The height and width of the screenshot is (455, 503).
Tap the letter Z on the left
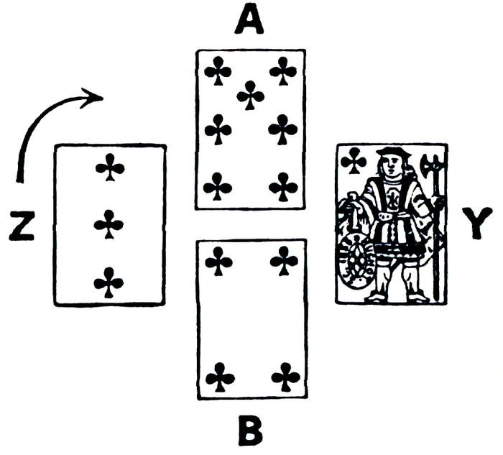(x=24, y=227)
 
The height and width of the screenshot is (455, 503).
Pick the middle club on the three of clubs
(x=109, y=224)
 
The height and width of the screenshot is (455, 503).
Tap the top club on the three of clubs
(x=110, y=170)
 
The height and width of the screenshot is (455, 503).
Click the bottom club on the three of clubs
(x=109, y=282)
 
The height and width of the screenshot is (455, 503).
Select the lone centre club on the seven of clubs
(x=251, y=95)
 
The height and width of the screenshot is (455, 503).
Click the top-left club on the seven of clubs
(x=218, y=70)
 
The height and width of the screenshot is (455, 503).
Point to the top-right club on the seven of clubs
(x=283, y=70)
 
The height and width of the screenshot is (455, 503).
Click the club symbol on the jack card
(x=353, y=161)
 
